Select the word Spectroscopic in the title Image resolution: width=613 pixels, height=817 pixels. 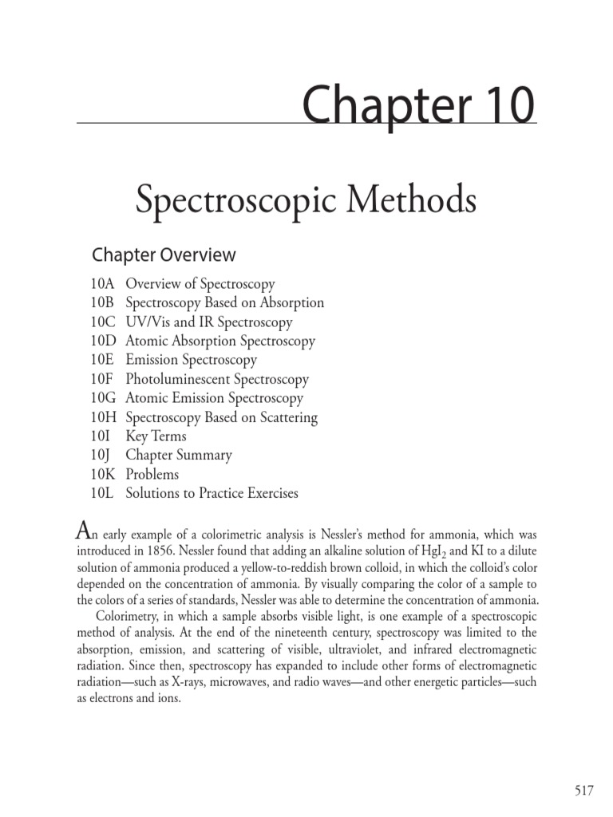pyautogui.click(x=233, y=201)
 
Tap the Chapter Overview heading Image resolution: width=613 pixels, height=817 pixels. pyautogui.click(x=164, y=255)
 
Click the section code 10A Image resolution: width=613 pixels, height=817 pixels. pyautogui.click(x=103, y=284)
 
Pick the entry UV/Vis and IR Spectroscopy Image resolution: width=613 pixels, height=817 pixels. pyautogui.click(x=209, y=322)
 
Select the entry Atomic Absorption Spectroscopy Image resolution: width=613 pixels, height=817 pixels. pyautogui.click(x=220, y=341)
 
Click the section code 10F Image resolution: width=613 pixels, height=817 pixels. pyautogui.click(x=103, y=379)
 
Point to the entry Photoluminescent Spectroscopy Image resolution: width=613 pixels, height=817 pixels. pyautogui.click(x=217, y=379)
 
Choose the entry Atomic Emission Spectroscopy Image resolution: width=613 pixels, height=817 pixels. pyautogui.click(x=215, y=398)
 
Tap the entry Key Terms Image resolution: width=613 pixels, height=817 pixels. pyautogui.click(x=156, y=436)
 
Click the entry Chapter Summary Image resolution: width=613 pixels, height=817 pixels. pyautogui.click(x=179, y=456)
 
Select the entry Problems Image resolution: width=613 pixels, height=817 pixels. pyautogui.click(x=152, y=475)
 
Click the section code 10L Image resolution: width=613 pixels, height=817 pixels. pyautogui.click(x=103, y=493)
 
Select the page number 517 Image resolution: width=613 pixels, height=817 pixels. pyautogui.click(x=584, y=790)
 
